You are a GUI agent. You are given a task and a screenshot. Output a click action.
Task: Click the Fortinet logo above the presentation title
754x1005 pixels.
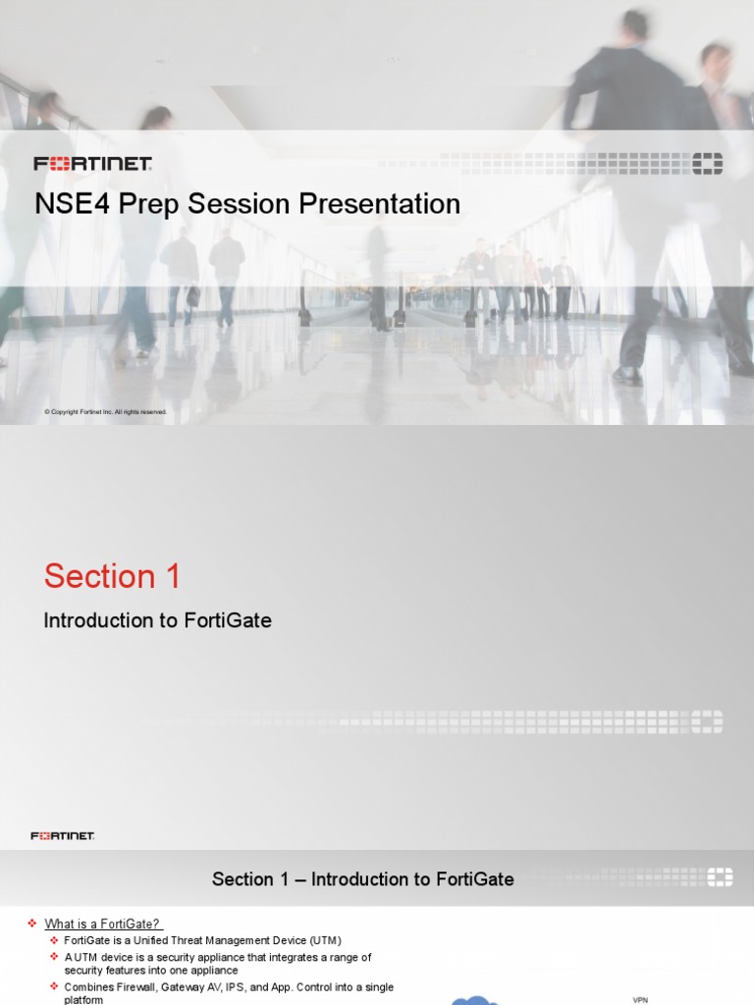coord(93,163)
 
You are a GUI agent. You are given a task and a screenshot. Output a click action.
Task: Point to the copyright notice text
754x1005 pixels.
coord(105,412)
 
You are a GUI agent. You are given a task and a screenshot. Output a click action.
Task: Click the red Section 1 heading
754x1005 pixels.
coord(112,577)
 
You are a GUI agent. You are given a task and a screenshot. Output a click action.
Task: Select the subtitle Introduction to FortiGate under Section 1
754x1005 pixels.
coord(157,621)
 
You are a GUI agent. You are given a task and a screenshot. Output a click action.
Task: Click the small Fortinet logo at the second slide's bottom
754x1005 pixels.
coord(62,836)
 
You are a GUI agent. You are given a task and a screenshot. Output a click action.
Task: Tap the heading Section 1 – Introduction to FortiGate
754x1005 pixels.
coord(362,879)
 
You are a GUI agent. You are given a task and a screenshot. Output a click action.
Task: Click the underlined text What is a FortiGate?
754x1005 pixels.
coord(103,924)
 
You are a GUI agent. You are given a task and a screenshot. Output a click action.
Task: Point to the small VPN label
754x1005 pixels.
coord(640,999)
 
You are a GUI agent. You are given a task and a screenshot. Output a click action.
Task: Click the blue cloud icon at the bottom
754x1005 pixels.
coord(474,1000)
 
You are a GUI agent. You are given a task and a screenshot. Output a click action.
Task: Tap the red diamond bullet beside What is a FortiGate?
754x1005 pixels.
coord(31,924)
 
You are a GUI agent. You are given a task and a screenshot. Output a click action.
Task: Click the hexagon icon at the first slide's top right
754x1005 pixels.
coord(707,163)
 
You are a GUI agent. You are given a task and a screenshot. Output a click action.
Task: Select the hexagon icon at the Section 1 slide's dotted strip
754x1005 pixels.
coord(707,722)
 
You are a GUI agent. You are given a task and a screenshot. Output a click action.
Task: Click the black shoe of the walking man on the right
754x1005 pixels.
coord(626,375)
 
